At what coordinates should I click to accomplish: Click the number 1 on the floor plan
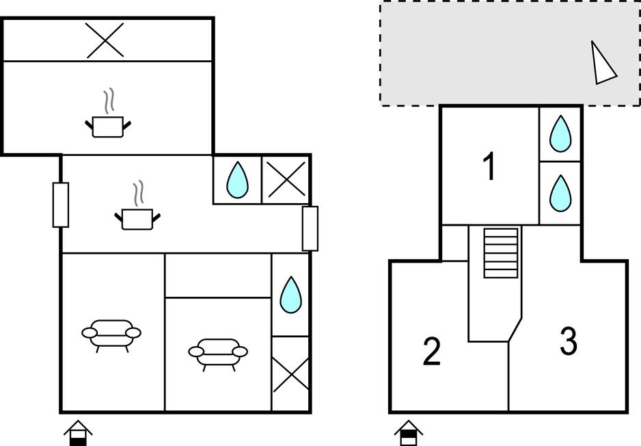[489, 167]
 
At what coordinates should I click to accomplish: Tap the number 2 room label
[431, 352]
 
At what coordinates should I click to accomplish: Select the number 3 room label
[569, 341]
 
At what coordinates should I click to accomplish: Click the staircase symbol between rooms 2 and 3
[501, 253]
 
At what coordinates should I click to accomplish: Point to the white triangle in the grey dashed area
[603, 64]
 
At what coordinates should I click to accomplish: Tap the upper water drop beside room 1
[561, 133]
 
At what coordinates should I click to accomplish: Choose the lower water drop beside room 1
[561, 193]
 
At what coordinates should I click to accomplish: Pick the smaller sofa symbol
[218, 352]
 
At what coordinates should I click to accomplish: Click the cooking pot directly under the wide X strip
[108, 124]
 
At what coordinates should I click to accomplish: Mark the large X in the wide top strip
[105, 40]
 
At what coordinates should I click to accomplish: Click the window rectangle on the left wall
[61, 205]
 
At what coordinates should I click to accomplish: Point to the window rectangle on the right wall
[310, 228]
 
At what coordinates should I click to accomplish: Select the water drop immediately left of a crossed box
[237, 180]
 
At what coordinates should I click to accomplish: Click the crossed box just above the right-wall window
[286, 180]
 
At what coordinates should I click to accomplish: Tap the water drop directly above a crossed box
[290, 295]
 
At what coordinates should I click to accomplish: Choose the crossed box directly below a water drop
[290, 374]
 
